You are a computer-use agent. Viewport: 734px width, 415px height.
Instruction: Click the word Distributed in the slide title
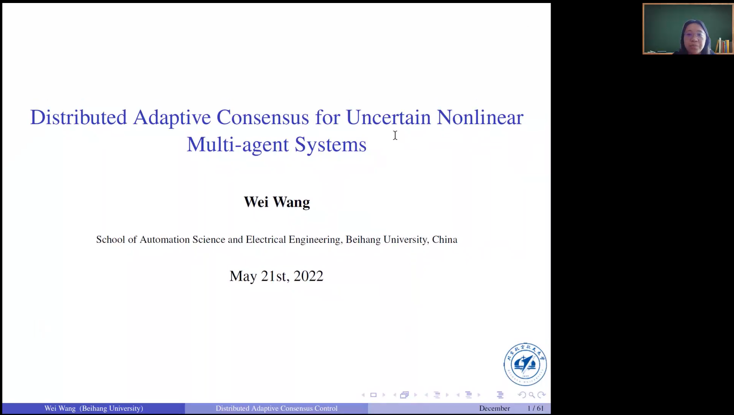78,117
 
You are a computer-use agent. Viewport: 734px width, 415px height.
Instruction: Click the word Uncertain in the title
388,117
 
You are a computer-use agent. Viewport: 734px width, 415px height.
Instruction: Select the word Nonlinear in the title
480,117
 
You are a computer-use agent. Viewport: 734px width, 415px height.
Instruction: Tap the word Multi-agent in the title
238,145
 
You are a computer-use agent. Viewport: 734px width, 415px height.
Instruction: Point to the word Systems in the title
330,145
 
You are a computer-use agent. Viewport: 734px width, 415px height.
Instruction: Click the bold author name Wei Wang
277,202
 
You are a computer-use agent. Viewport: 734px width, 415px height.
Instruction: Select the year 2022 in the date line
308,276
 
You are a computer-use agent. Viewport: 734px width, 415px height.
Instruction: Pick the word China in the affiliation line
445,239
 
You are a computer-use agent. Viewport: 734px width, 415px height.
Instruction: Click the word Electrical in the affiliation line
266,239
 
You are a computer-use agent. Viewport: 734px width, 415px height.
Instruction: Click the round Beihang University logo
525,364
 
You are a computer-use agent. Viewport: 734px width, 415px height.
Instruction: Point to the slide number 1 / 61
535,408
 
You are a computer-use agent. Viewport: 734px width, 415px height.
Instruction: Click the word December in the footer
494,408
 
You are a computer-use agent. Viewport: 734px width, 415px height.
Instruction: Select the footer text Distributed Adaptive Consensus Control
277,408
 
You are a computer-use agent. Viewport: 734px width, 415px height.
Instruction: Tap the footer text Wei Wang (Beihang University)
94,408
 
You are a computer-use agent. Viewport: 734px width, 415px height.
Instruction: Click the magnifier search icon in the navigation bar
532,395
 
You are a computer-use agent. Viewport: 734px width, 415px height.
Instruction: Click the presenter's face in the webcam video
694,36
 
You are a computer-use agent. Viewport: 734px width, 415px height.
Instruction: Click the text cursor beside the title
395,135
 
